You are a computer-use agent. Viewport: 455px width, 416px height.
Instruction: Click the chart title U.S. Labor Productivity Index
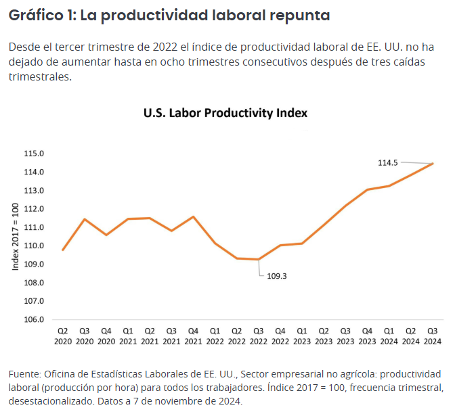click(x=225, y=113)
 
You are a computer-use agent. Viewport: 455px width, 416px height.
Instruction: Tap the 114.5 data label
click(x=387, y=162)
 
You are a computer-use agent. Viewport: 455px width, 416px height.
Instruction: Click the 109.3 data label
click(x=277, y=275)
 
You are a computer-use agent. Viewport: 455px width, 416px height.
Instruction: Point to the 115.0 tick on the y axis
click(x=34, y=154)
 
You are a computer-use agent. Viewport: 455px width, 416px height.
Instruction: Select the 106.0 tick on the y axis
click(x=34, y=319)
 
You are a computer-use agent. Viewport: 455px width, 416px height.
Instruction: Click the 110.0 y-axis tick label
click(x=34, y=246)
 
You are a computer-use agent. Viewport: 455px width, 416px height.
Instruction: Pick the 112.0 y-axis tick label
click(x=34, y=209)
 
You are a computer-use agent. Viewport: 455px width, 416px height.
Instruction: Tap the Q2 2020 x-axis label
click(x=62, y=336)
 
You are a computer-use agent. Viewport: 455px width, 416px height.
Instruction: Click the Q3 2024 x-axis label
click(x=432, y=336)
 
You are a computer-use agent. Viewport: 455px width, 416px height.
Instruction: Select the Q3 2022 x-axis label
click(x=258, y=336)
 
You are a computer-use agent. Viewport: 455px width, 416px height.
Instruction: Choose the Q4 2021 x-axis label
click(x=193, y=336)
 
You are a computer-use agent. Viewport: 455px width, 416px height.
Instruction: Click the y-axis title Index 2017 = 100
click(x=16, y=236)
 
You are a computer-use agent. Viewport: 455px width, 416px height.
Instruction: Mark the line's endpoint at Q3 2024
click(x=433, y=163)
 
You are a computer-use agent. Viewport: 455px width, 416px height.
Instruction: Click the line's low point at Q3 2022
click(x=258, y=259)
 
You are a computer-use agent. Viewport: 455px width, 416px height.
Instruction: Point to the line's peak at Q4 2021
click(x=193, y=216)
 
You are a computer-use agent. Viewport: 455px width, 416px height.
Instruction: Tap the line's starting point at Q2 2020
click(x=62, y=250)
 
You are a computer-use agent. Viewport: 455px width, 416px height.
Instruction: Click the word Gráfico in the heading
click(x=33, y=16)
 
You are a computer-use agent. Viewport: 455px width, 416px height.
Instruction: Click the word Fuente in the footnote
click(x=24, y=373)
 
